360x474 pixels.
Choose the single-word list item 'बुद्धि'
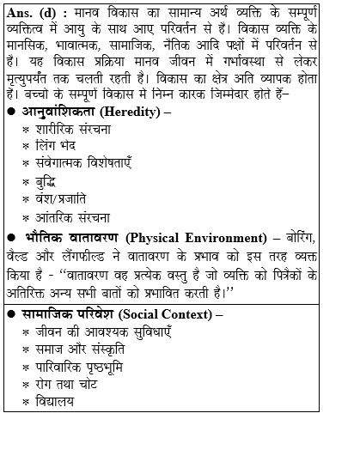point(53,182)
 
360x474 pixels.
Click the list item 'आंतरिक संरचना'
point(78,216)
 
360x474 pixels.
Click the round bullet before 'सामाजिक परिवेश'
point(12,314)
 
